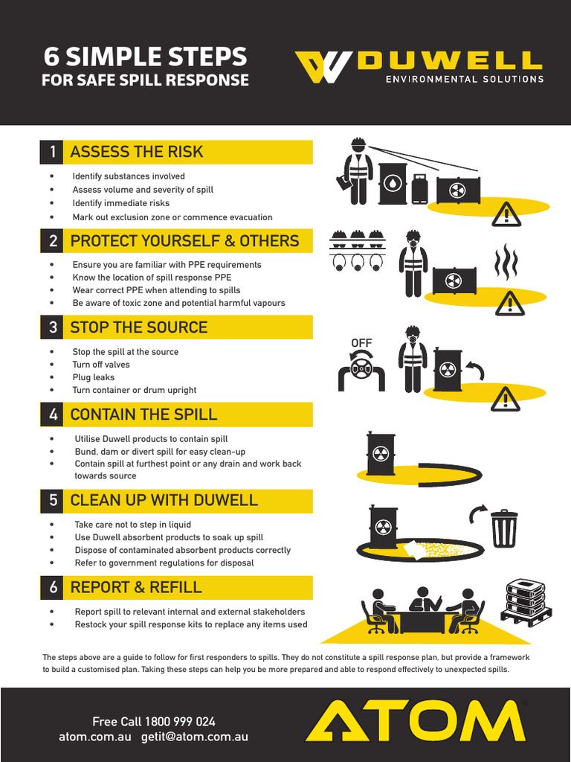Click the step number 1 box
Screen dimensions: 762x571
52,152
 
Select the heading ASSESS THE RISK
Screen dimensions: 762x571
136,152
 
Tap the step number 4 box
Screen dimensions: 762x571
52,414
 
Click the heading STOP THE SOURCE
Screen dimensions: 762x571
138,327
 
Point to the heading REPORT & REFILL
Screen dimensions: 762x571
135,587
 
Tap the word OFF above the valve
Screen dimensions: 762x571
361,343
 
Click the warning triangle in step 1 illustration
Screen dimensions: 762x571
507,214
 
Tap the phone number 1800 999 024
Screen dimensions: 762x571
180,721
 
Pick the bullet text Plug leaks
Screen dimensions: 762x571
93,377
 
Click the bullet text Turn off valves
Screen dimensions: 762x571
100,365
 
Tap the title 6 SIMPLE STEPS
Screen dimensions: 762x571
145,57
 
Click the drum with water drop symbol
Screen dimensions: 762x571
393,184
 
